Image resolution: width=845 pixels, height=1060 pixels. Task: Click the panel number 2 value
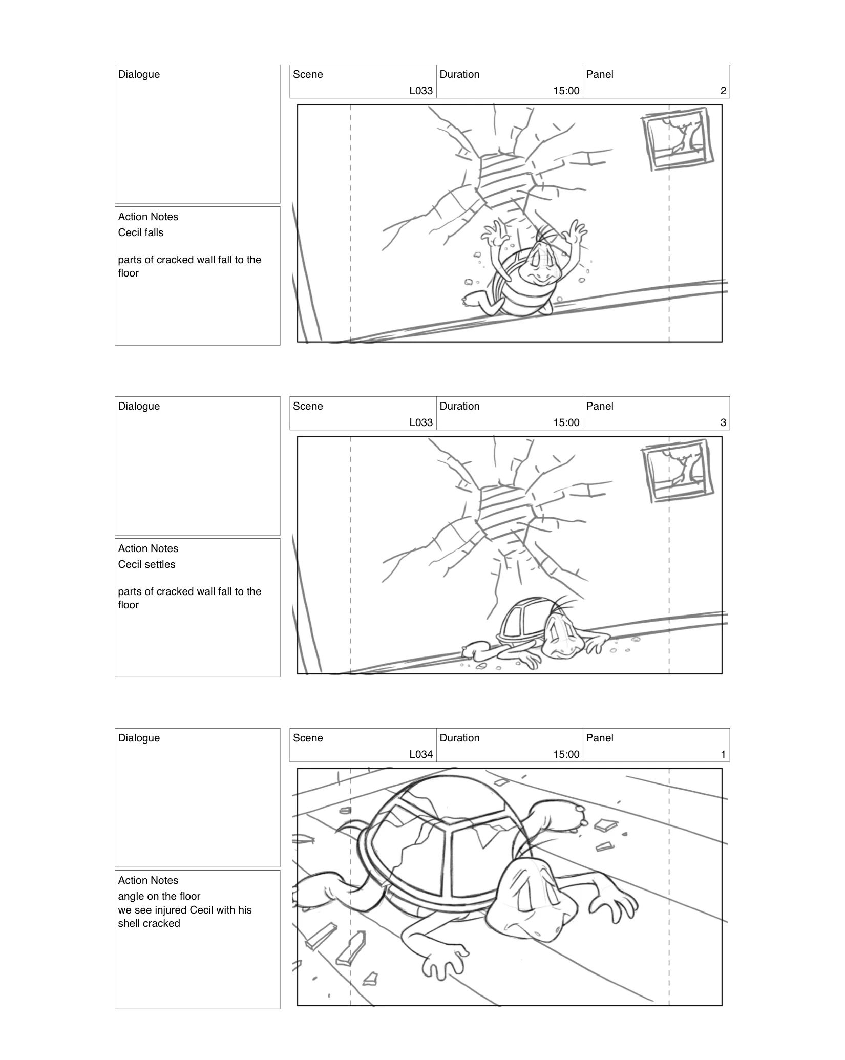[723, 91]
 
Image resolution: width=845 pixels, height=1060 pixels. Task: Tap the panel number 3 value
[723, 423]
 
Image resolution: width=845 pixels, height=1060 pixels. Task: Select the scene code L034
[421, 755]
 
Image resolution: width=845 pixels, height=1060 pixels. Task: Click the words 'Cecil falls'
[140, 232]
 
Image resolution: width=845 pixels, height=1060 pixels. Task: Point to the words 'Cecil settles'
[146, 564]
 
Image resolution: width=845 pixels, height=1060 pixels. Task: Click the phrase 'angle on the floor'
[159, 896]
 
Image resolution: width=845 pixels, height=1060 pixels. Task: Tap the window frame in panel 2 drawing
[678, 139]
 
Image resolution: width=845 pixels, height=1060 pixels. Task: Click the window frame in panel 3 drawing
[678, 471]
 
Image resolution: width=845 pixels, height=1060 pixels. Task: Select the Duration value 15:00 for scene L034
[566, 755]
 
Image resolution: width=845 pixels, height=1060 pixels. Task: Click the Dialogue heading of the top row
[139, 74]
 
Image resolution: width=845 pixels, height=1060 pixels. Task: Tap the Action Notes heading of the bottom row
[148, 880]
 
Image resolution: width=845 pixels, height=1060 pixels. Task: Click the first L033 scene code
[421, 91]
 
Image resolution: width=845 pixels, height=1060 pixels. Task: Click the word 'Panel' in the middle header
[599, 406]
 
